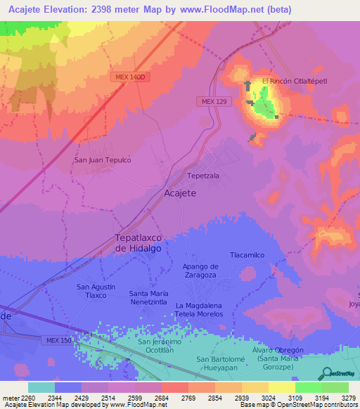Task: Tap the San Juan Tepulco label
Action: point(103,160)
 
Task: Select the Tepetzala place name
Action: point(202,176)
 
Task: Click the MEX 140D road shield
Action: point(127,77)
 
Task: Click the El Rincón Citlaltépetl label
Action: point(295,82)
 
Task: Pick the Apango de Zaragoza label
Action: point(200,271)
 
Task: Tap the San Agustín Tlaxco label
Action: point(91,291)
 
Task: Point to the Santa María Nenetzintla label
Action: point(148,297)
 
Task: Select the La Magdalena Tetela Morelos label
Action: point(209,310)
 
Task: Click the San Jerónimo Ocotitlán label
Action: point(165,346)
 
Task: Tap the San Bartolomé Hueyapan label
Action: point(223,364)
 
